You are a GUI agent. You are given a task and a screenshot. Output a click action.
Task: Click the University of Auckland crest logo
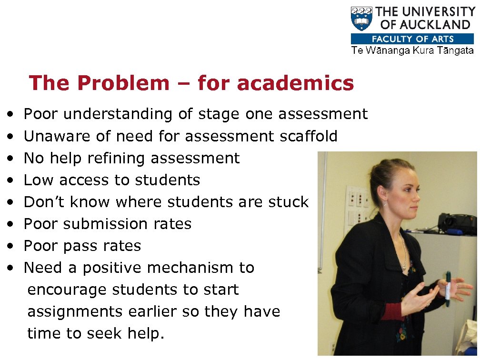click(361, 19)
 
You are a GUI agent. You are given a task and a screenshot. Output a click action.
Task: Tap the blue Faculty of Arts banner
click(412, 39)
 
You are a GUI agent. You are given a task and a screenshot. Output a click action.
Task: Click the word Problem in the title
click(122, 83)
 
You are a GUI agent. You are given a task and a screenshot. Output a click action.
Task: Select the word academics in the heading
click(295, 83)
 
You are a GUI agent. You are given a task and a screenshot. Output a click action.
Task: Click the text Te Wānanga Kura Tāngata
click(412, 51)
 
